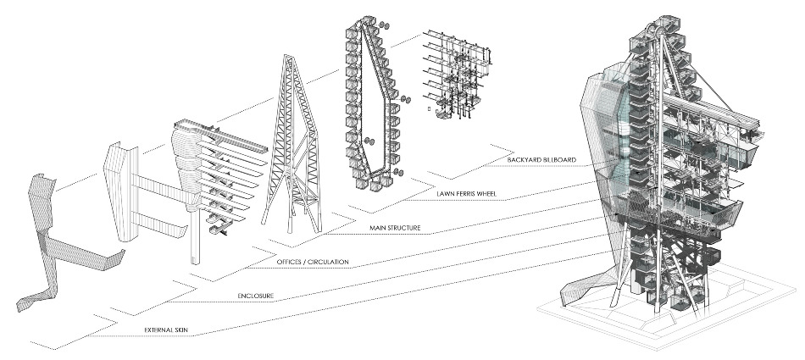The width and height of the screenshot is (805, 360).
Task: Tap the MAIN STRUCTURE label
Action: tap(398, 229)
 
